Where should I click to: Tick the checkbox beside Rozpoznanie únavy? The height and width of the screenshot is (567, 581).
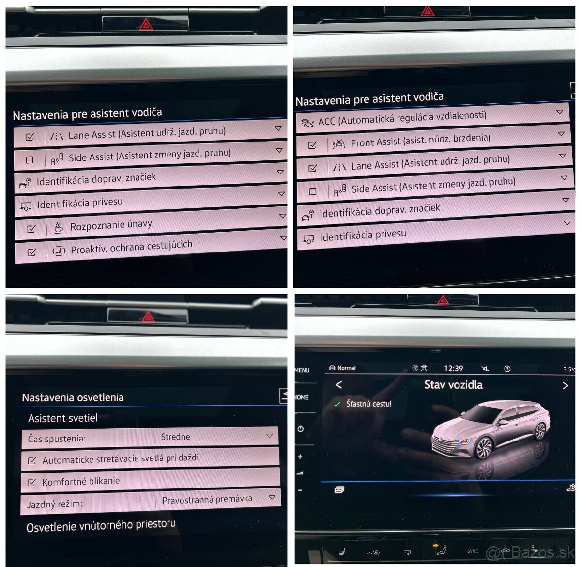(31, 229)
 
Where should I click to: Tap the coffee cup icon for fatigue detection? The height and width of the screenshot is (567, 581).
(59, 227)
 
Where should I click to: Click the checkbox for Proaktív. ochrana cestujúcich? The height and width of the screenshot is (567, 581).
(32, 252)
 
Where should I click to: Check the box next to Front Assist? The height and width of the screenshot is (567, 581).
(312, 144)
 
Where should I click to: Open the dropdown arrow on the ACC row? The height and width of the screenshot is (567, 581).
(559, 112)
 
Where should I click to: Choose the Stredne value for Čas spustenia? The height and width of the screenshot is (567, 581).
(175, 437)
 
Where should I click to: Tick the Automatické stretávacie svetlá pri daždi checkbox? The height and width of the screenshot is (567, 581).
(32, 460)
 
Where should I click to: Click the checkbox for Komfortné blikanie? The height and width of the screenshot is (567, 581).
(32, 482)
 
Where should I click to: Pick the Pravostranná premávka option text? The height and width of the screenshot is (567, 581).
(207, 499)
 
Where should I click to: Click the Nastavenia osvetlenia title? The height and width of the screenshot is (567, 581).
(73, 397)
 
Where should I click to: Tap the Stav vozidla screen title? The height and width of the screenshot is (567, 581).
(453, 385)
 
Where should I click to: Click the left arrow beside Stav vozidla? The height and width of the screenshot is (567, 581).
(339, 385)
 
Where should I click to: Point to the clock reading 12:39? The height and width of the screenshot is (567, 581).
(453, 368)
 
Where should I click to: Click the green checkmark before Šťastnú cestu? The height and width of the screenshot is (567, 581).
(337, 404)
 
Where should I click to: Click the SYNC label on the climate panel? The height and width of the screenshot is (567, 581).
(473, 551)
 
